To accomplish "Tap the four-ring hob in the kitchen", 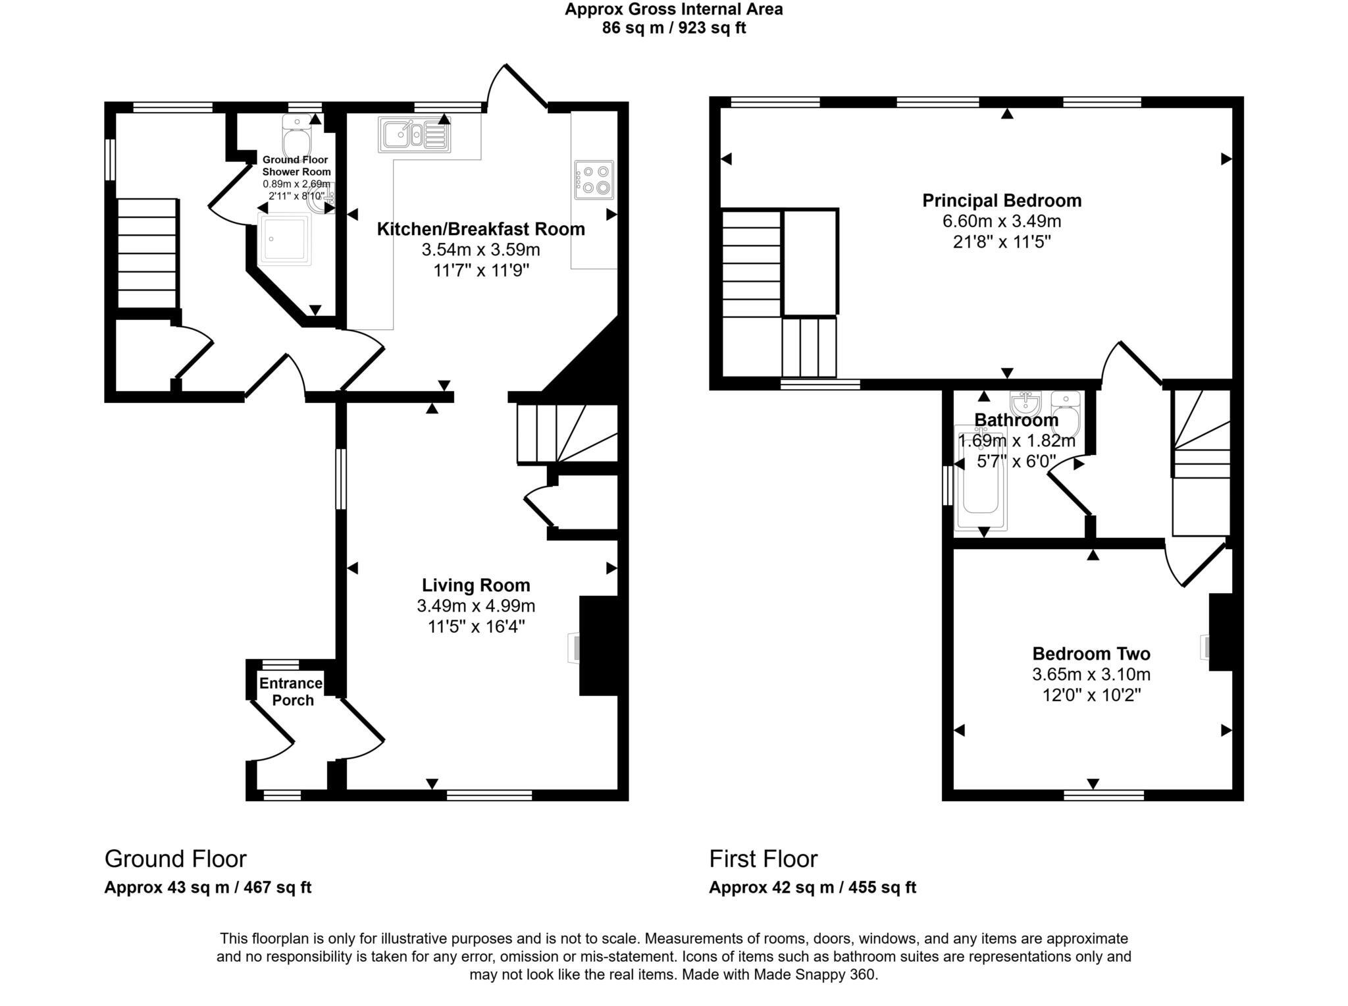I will [594, 180].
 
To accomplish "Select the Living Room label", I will [476, 585].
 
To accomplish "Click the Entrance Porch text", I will [291, 691].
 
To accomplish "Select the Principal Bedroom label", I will [1001, 200].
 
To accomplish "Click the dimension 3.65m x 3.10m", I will [1091, 674].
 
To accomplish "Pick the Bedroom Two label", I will [1091, 654].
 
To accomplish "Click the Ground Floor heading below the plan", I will [175, 859].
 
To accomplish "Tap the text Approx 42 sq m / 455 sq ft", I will [812, 887].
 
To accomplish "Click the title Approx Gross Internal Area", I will [673, 9].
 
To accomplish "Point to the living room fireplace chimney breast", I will [598, 645].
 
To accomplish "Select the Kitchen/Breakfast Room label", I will [480, 229].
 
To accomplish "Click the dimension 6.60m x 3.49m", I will [1001, 221].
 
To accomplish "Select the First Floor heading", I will [763, 859].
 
